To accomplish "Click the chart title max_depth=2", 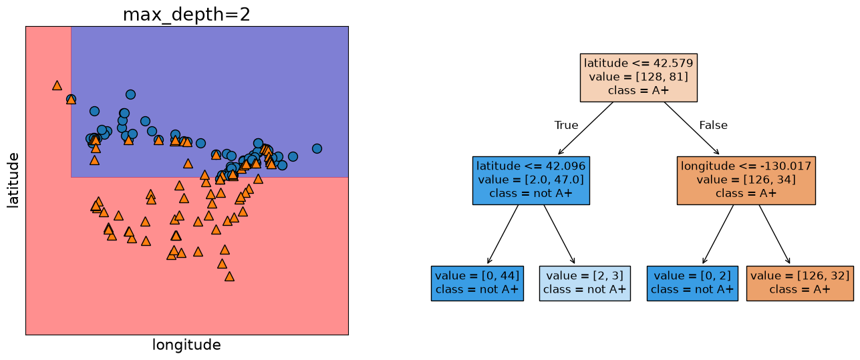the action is (186, 15).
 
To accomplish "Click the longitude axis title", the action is (186, 345).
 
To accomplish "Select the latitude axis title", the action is (13, 180).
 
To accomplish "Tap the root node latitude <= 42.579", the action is (638, 77).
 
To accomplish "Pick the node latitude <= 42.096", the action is (531, 180).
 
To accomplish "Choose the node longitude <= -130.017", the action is (746, 180).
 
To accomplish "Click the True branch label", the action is (566, 125).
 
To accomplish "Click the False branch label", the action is (714, 125).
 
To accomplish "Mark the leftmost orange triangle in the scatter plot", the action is (57, 85).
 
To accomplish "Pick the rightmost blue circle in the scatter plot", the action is (317, 148).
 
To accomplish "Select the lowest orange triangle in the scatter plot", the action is (229, 277).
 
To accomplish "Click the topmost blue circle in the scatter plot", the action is (130, 94).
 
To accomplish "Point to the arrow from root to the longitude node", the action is (692, 128).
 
